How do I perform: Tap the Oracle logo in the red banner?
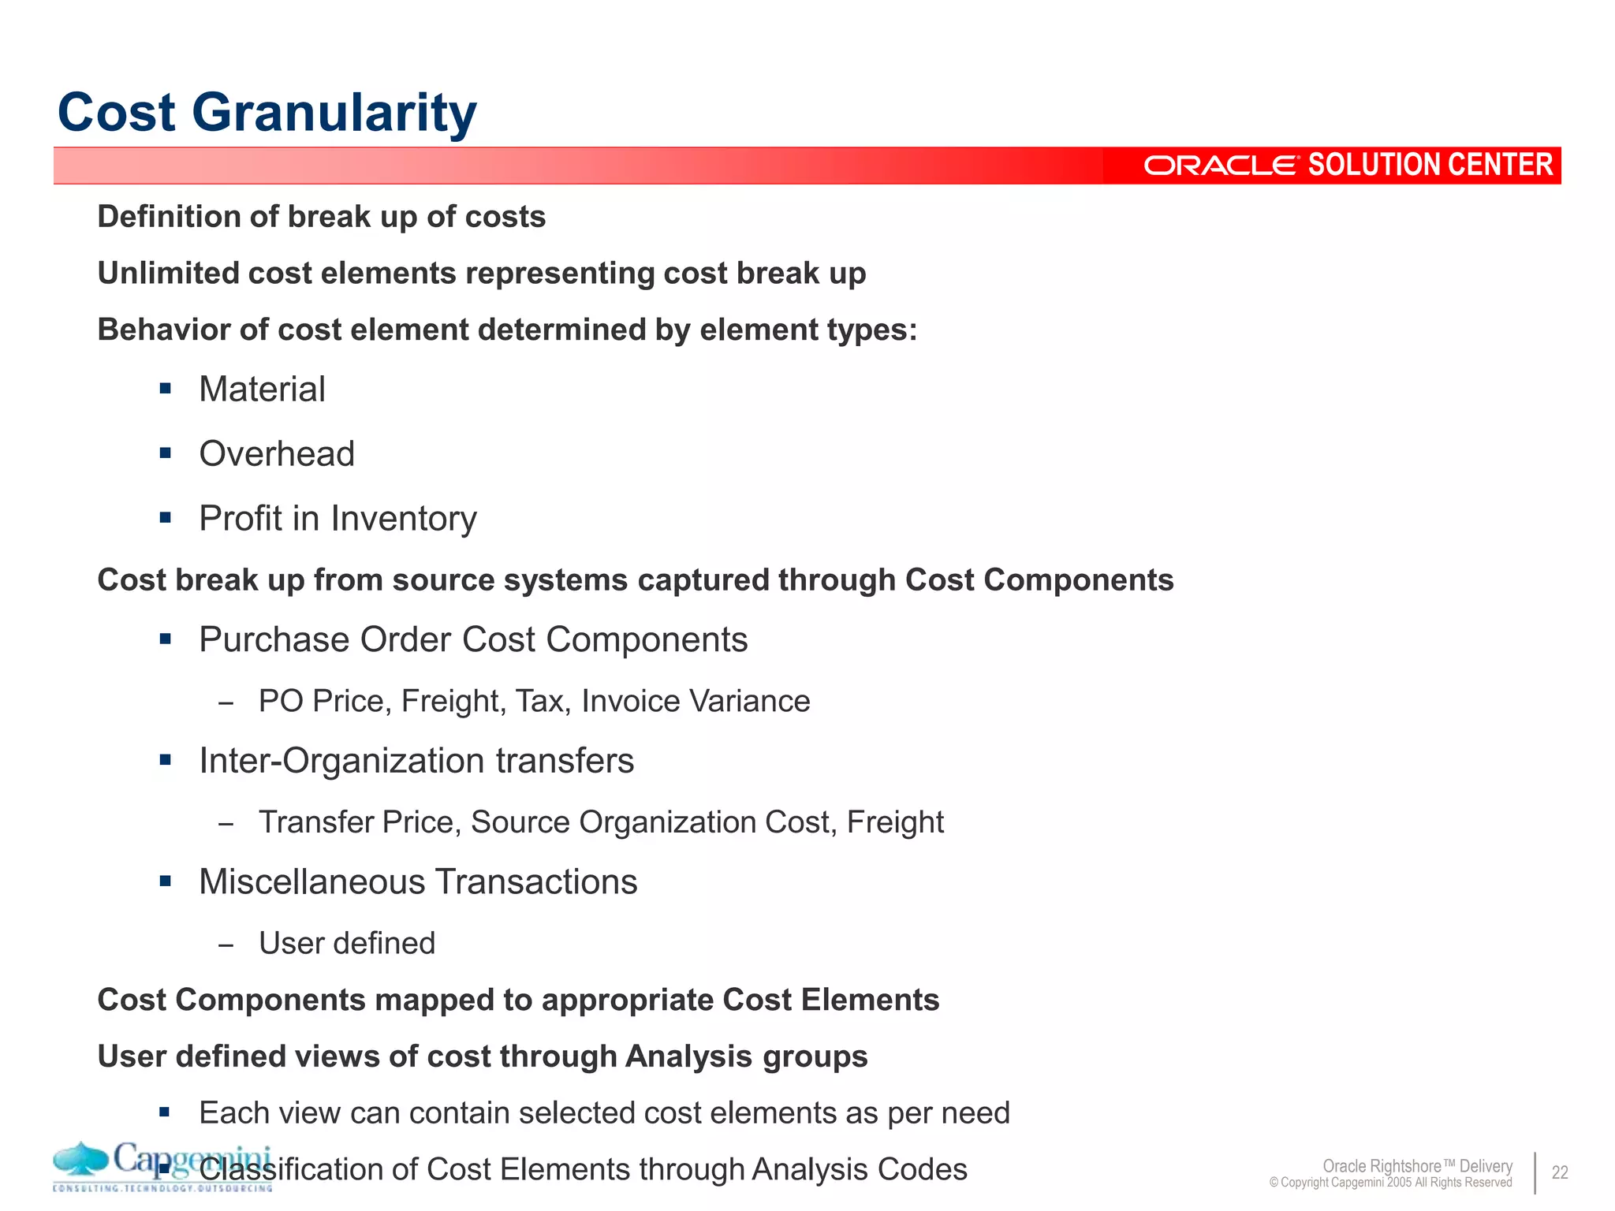pyautogui.click(x=1220, y=166)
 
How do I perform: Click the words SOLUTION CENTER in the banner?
pyautogui.click(x=1430, y=165)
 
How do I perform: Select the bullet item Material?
pyautogui.click(x=262, y=389)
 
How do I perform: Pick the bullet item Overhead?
pyautogui.click(x=277, y=453)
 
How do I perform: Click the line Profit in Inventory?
pyautogui.click(x=338, y=518)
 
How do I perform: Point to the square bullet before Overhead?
pyautogui.click(x=165, y=453)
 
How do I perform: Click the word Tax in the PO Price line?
pyautogui.click(x=539, y=701)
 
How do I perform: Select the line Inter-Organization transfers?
pyautogui.click(x=416, y=761)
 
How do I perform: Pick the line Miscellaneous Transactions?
pyautogui.click(x=418, y=881)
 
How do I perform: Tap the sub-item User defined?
pyautogui.click(x=347, y=943)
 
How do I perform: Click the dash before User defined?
pyautogui.click(x=226, y=945)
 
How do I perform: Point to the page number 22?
pyautogui.click(x=1560, y=1172)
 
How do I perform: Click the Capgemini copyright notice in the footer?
pyautogui.click(x=1390, y=1183)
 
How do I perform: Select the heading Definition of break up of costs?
pyautogui.click(x=321, y=217)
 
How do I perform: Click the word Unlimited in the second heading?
pyautogui.click(x=167, y=274)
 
